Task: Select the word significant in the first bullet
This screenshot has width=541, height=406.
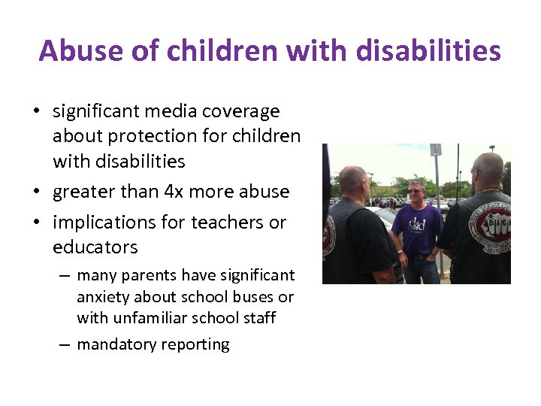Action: (x=96, y=111)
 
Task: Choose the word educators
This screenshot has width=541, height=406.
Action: (x=95, y=247)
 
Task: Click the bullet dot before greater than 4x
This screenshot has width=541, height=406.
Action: (x=36, y=192)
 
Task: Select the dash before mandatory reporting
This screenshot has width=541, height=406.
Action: (x=66, y=345)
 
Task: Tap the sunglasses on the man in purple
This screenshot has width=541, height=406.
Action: (x=415, y=191)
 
